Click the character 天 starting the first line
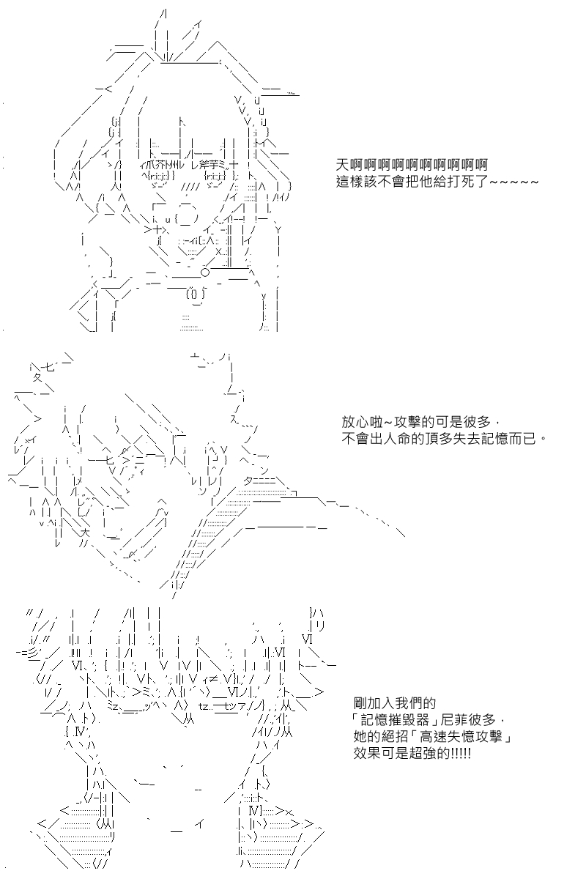click(343, 163)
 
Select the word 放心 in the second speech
click(355, 422)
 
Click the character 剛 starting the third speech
click(360, 702)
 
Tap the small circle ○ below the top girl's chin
click(205, 272)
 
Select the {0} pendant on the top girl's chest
click(196, 294)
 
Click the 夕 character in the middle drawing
click(37, 378)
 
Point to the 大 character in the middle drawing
click(86, 533)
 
